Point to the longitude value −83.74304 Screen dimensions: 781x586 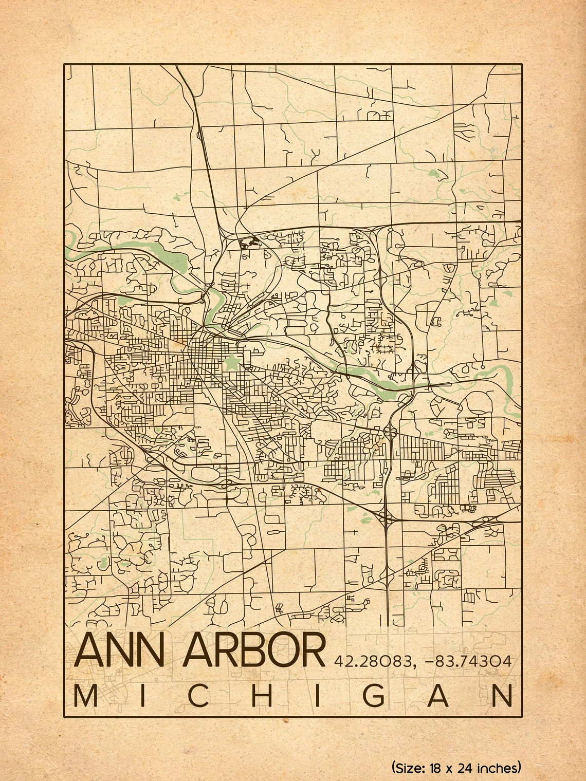click(x=468, y=661)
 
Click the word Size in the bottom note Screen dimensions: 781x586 click(x=410, y=768)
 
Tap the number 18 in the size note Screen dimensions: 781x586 click(x=436, y=768)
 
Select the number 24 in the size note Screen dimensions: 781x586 click(x=467, y=768)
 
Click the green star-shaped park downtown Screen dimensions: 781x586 click(x=232, y=363)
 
